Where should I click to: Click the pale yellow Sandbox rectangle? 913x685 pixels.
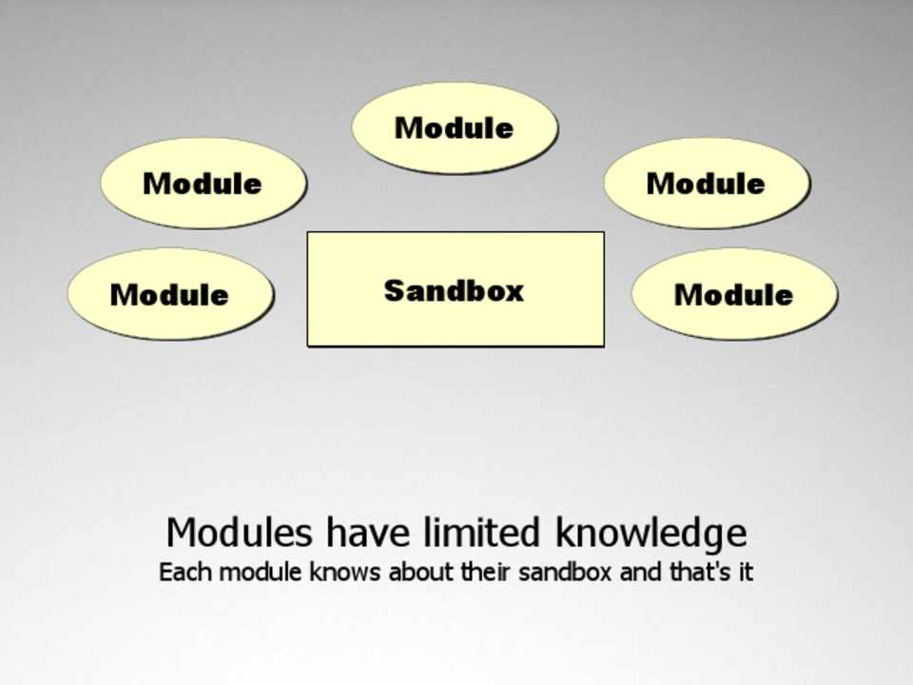456,289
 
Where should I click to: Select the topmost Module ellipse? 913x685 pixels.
455,127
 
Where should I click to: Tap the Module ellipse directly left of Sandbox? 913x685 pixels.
170,294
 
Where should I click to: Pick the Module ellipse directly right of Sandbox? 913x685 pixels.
734,294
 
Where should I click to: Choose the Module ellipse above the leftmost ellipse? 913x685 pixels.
204,183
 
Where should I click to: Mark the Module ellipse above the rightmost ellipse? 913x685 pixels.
707,183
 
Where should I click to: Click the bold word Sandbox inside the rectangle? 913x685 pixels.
455,290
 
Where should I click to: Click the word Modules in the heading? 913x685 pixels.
240,532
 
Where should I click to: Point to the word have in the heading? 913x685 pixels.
367,532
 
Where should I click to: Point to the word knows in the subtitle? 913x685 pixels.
344,572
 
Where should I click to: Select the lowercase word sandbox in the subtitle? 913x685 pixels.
565,572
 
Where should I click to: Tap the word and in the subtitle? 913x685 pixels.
640,572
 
